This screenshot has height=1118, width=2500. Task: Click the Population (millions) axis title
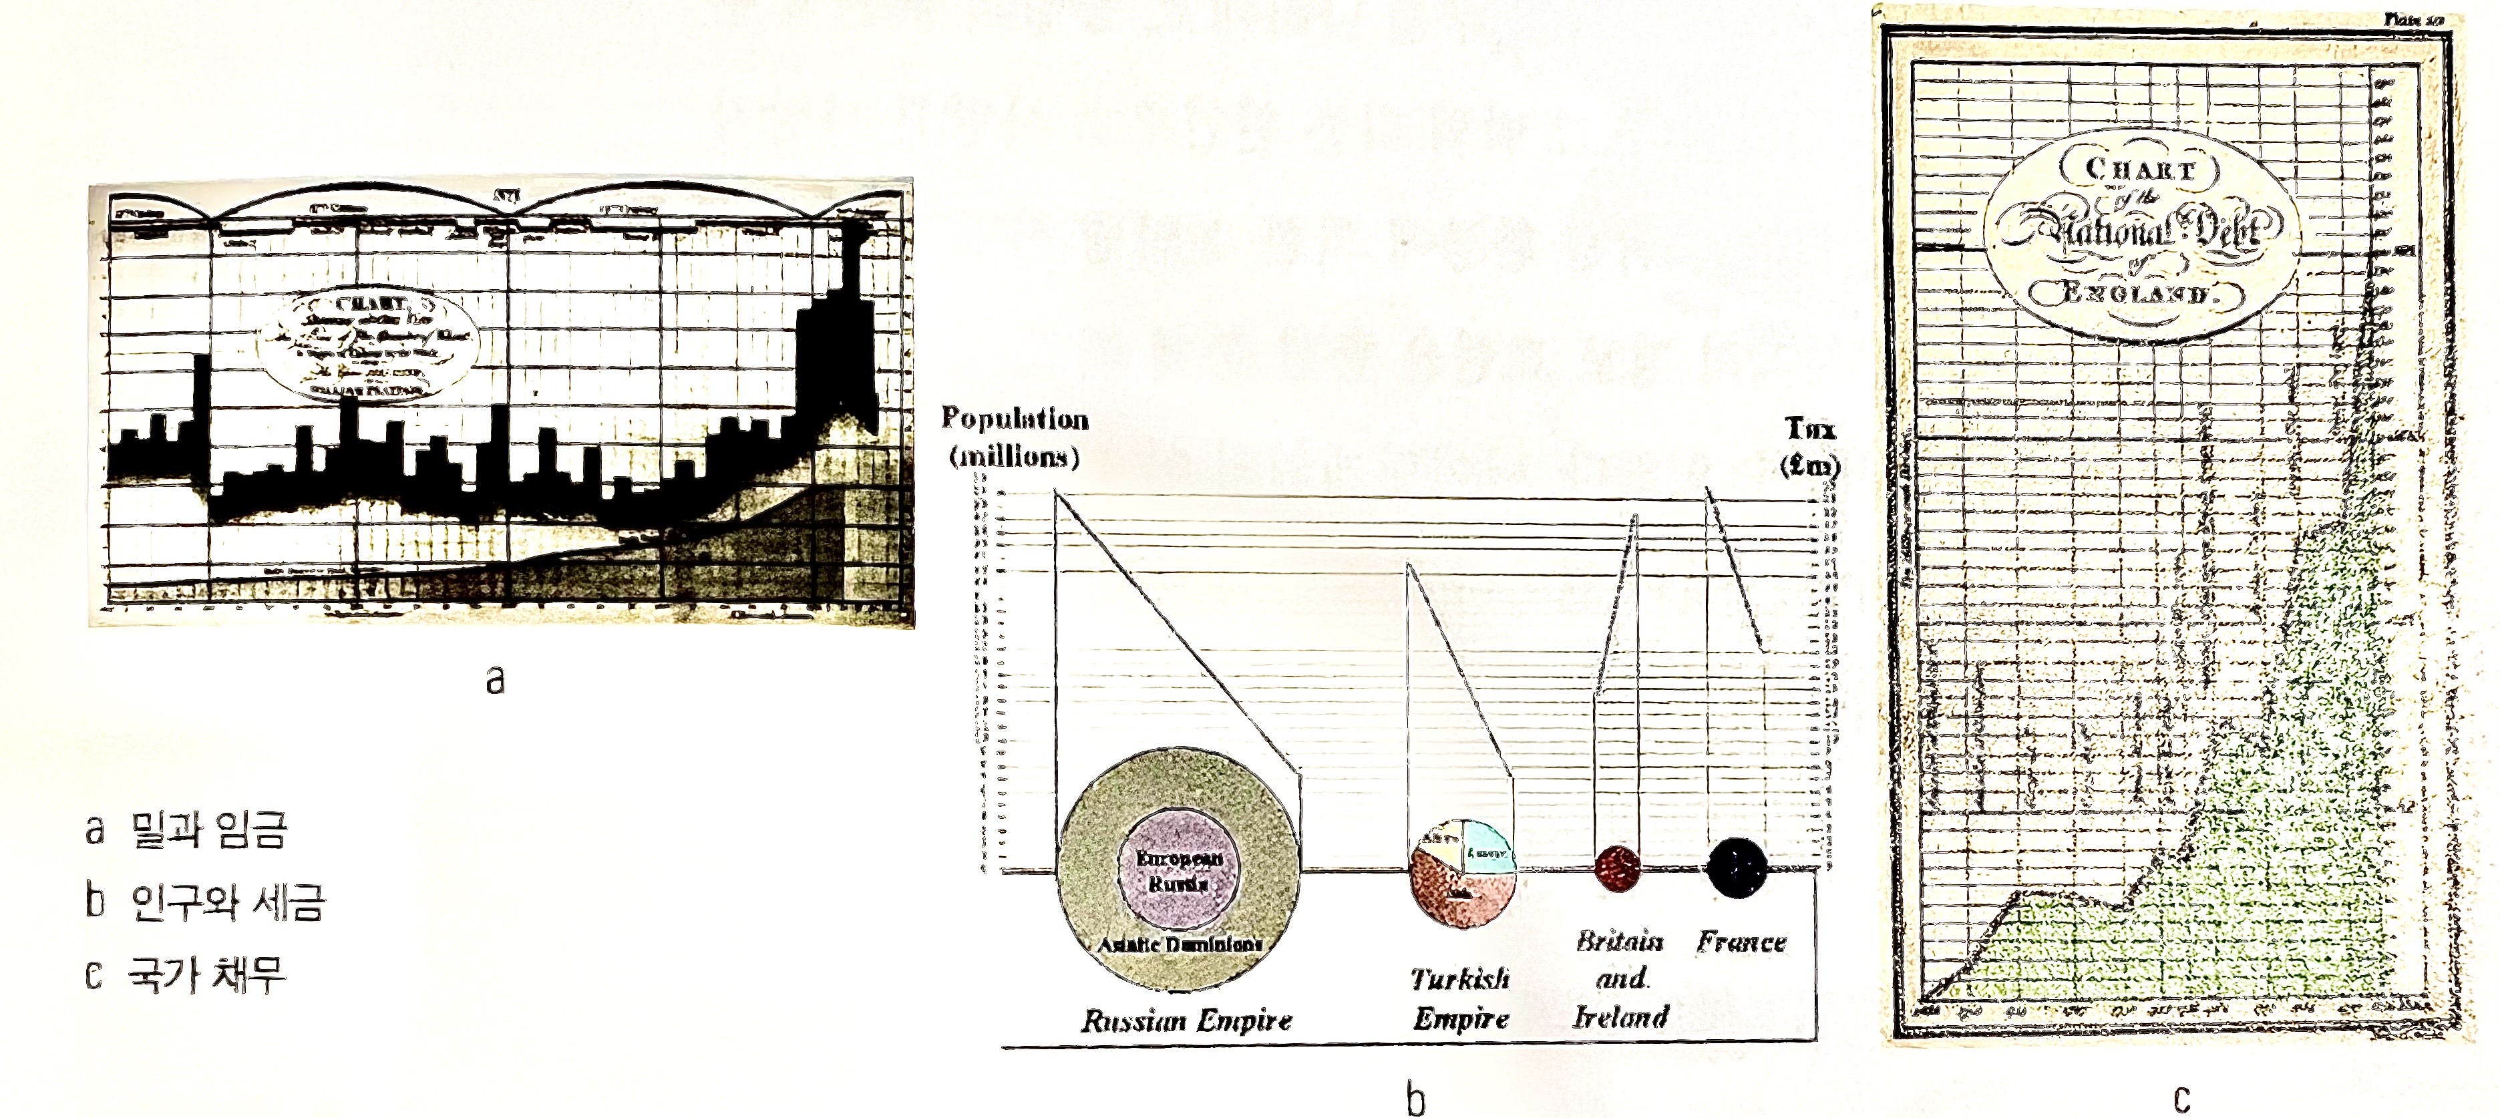point(1014,437)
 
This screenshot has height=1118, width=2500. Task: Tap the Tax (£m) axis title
point(1810,447)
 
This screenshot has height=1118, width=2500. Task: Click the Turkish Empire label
point(1461,998)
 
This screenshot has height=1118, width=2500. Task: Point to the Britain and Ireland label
point(1620,978)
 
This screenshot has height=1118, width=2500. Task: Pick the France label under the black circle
point(1741,942)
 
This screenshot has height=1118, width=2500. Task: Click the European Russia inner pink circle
point(1178,870)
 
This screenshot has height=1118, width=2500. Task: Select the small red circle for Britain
point(1618,867)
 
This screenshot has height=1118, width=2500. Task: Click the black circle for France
point(1737,867)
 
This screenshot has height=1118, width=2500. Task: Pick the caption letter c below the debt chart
point(2181,1099)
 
